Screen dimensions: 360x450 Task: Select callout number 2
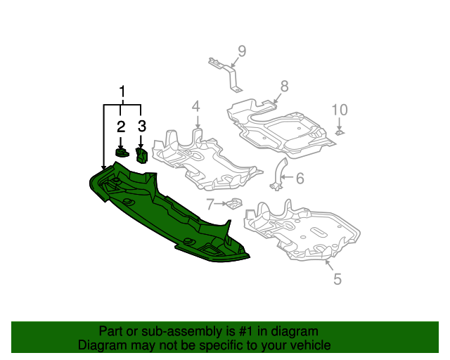tap(121, 127)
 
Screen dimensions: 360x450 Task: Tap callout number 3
tap(141, 127)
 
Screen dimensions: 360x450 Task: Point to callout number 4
tap(196, 106)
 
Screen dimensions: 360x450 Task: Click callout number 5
tap(337, 279)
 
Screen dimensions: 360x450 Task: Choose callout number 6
tap(300, 179)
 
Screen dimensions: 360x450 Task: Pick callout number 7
tap(210, 204)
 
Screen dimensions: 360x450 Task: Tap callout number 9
tap(241, 50)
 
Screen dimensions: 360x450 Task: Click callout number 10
tap(340, 110)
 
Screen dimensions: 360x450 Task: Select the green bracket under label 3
tap(141, 155)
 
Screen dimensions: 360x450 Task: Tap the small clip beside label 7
tap(234, 204)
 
